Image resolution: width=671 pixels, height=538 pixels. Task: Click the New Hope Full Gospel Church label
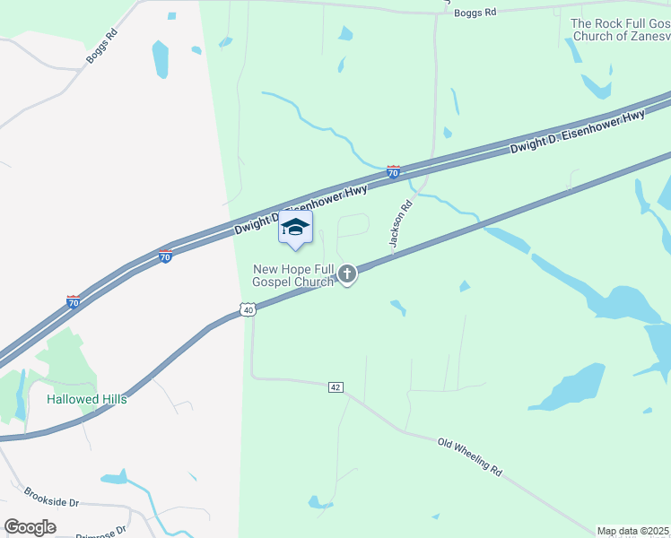(293, 274)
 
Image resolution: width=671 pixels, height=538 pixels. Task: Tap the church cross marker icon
(347, 274)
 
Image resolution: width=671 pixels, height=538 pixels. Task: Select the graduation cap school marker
(295, 229)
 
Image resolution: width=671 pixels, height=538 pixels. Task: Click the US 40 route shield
(248, 309)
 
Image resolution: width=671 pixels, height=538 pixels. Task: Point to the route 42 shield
(335, 386)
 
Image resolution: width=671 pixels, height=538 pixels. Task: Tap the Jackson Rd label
(400, 223)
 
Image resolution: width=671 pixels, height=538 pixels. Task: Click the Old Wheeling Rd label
(469, 456)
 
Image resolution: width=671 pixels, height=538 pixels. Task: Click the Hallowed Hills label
(87, 399)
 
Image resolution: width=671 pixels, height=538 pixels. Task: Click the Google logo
(30, 526)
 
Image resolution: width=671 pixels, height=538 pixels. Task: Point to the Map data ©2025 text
(633, 531)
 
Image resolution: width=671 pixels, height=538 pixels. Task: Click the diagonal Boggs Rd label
(101, 48)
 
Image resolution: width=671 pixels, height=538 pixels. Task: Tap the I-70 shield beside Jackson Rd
(393, 171)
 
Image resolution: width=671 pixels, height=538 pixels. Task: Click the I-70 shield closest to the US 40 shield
(165, 256)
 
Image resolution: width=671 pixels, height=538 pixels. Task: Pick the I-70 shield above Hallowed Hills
(74, 302)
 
